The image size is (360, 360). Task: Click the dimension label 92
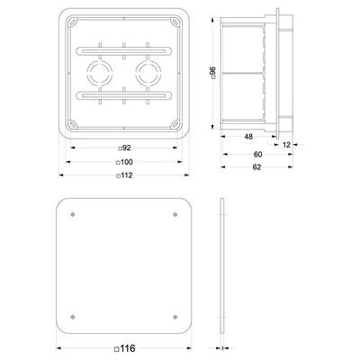(x=127, y=148)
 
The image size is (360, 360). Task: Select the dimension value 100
(x=127, y=162)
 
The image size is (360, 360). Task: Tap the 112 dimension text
(x=127, y=175)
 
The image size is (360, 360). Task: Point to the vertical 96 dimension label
(x=212, y=72)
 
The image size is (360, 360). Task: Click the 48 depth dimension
(x=248, y=137)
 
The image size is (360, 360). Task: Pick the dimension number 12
(x=286, y=145)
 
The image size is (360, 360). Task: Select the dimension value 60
(x=257, y=154)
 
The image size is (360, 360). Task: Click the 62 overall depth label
(x=256, y=167)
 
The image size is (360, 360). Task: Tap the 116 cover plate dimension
(x=128, y=348)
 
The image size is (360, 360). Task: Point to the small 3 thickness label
(x=222, y=348)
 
